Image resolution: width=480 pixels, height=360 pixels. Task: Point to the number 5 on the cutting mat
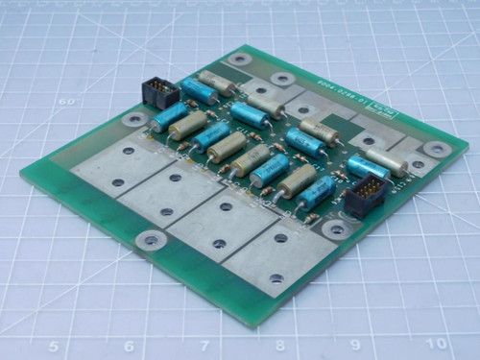[x=55, y=347]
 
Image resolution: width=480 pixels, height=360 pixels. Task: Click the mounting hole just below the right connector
[x=335, y=228]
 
